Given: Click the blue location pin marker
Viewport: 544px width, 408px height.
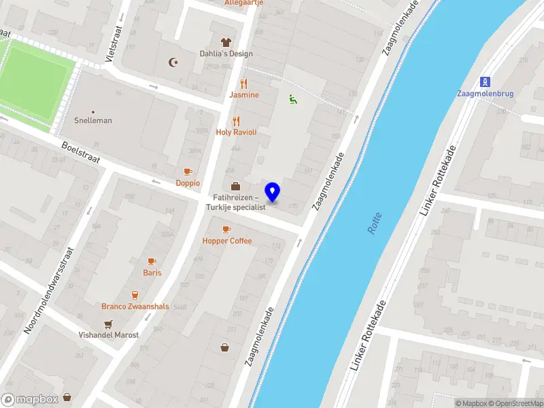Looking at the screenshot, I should point(273,192).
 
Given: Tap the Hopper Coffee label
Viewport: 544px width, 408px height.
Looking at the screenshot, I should point(226,241).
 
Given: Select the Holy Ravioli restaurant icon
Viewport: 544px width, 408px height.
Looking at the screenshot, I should point(236,121).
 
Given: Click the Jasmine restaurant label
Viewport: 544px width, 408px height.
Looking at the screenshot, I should point(244,95).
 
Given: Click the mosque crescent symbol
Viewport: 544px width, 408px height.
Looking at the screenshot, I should point(173,63).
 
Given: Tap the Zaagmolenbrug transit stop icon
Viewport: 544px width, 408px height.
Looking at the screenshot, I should point(486,80).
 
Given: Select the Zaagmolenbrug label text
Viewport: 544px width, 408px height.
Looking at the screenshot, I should point(486,94).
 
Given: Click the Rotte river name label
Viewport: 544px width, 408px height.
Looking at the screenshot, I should point(375,224).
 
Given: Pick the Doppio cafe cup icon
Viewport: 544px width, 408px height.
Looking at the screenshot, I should point(188,171).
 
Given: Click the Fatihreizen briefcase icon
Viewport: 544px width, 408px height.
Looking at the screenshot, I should point(235,186).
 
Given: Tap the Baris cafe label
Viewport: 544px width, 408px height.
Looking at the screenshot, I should point(152,273).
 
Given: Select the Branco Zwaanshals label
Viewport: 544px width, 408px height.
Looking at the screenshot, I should point(135,306).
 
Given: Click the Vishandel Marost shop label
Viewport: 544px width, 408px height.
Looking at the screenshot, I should point(109,335).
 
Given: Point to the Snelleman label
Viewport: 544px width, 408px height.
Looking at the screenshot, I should point(93,120).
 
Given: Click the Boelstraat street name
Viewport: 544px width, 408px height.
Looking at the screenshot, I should point(80,152).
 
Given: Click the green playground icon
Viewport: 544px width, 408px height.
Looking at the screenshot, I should point(293,99).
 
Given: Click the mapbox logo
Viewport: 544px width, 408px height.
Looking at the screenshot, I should point(30,399).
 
